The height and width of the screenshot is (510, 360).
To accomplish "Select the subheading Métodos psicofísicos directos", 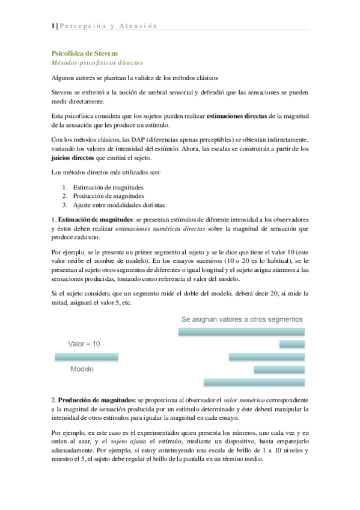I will pyautogui.click(x=96, y=63).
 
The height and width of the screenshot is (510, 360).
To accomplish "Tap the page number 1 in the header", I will pyautogui.click(x=53, y=25).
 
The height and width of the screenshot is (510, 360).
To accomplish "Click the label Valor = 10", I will pyautogui.click(x=84, y=343).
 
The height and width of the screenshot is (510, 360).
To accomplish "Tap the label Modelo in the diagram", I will pyautogui.click(x=82, y=369).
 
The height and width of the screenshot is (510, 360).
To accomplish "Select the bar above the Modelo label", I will pyautogui.click(x=87, y=357).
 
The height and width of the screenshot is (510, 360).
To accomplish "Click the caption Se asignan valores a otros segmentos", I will pyautogui.click(x=242, y=319).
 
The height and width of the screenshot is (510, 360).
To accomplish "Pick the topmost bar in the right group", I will pyautogui.click(x=242, y=331).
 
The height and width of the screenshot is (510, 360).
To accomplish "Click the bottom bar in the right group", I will pyautogui.click(x=254, y=382).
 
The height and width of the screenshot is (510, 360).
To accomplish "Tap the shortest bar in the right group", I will pyautogui.click(x=291, y=344).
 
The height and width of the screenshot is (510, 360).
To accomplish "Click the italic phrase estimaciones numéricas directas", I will pyautogui.click(x=174, y=229).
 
